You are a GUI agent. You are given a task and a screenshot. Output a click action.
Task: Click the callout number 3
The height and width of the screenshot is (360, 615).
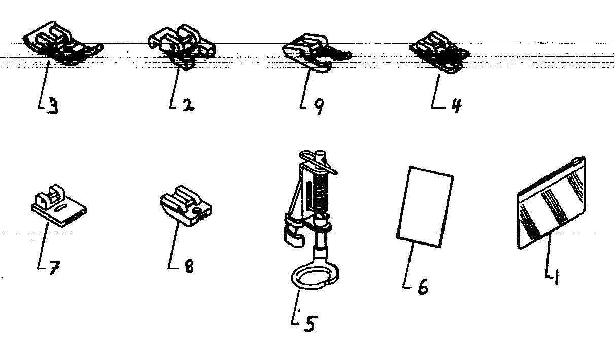53,106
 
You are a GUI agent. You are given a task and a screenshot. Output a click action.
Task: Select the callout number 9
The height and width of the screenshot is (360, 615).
318,106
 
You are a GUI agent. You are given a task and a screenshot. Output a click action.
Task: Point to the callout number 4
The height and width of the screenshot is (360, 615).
456,105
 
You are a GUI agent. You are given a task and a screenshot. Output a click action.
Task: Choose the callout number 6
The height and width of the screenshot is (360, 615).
422,286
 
